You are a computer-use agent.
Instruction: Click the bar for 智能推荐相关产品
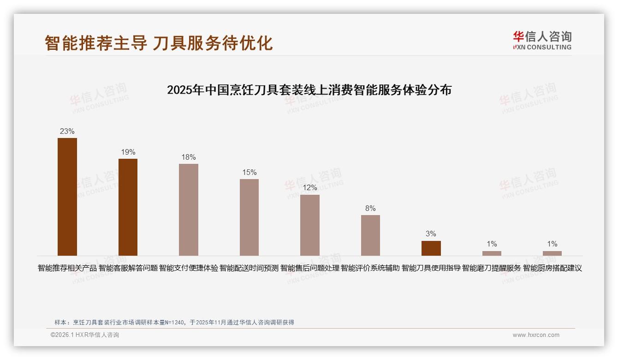(67, 197)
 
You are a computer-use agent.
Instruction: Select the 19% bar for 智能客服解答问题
(128, 207)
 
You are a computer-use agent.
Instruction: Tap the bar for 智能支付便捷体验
(189, 210)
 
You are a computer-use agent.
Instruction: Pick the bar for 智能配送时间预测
(249, 217)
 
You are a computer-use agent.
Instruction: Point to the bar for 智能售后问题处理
(310, 225)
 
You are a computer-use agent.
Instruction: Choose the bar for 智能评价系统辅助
(370, 235)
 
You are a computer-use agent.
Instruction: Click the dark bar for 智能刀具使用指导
(431, 248)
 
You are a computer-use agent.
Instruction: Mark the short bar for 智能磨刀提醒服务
(492, 253)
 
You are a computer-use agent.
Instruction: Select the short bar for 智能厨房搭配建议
(552, 253)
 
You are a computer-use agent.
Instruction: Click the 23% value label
(67, 131)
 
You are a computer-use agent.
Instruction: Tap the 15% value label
(249, 172)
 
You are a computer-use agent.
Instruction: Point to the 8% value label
(370, 208)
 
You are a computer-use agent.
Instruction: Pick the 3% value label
(431, 234)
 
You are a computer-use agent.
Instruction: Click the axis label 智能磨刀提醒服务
(492, 268)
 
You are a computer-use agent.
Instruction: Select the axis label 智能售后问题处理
(310, 268)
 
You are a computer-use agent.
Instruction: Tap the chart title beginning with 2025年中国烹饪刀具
(309, 90)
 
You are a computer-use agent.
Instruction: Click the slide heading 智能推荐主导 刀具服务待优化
(159, 43)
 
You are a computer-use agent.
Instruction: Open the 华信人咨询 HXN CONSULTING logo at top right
(542, 41)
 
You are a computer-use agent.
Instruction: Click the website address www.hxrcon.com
(536, 335)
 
